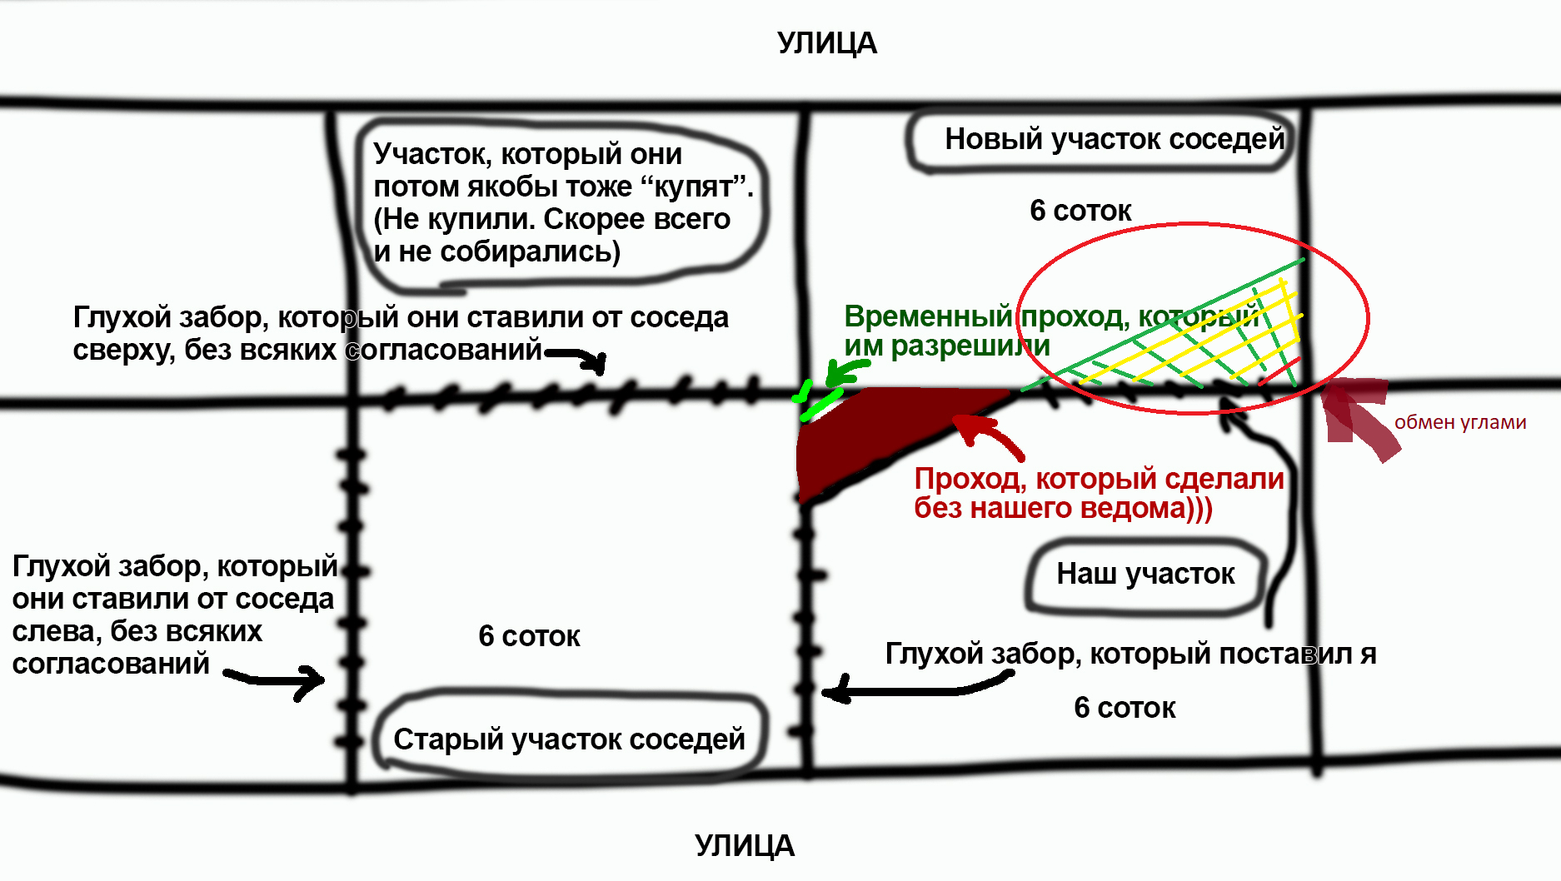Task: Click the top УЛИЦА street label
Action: [x=826, y=43]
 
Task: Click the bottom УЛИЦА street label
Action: [x=744, y=846]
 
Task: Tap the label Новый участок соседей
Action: [x=1114, y=139]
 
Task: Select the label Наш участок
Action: [x=1145, y=574]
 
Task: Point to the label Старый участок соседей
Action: [x=569, y=739]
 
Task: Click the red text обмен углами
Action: [x=1459, y=422]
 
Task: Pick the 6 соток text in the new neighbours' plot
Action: [x=1080, y=212]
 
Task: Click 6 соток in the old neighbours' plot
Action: [x=529, y=636]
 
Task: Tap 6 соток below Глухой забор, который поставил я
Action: [x=1125, y=708]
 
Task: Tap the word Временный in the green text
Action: [x=927, y=317]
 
